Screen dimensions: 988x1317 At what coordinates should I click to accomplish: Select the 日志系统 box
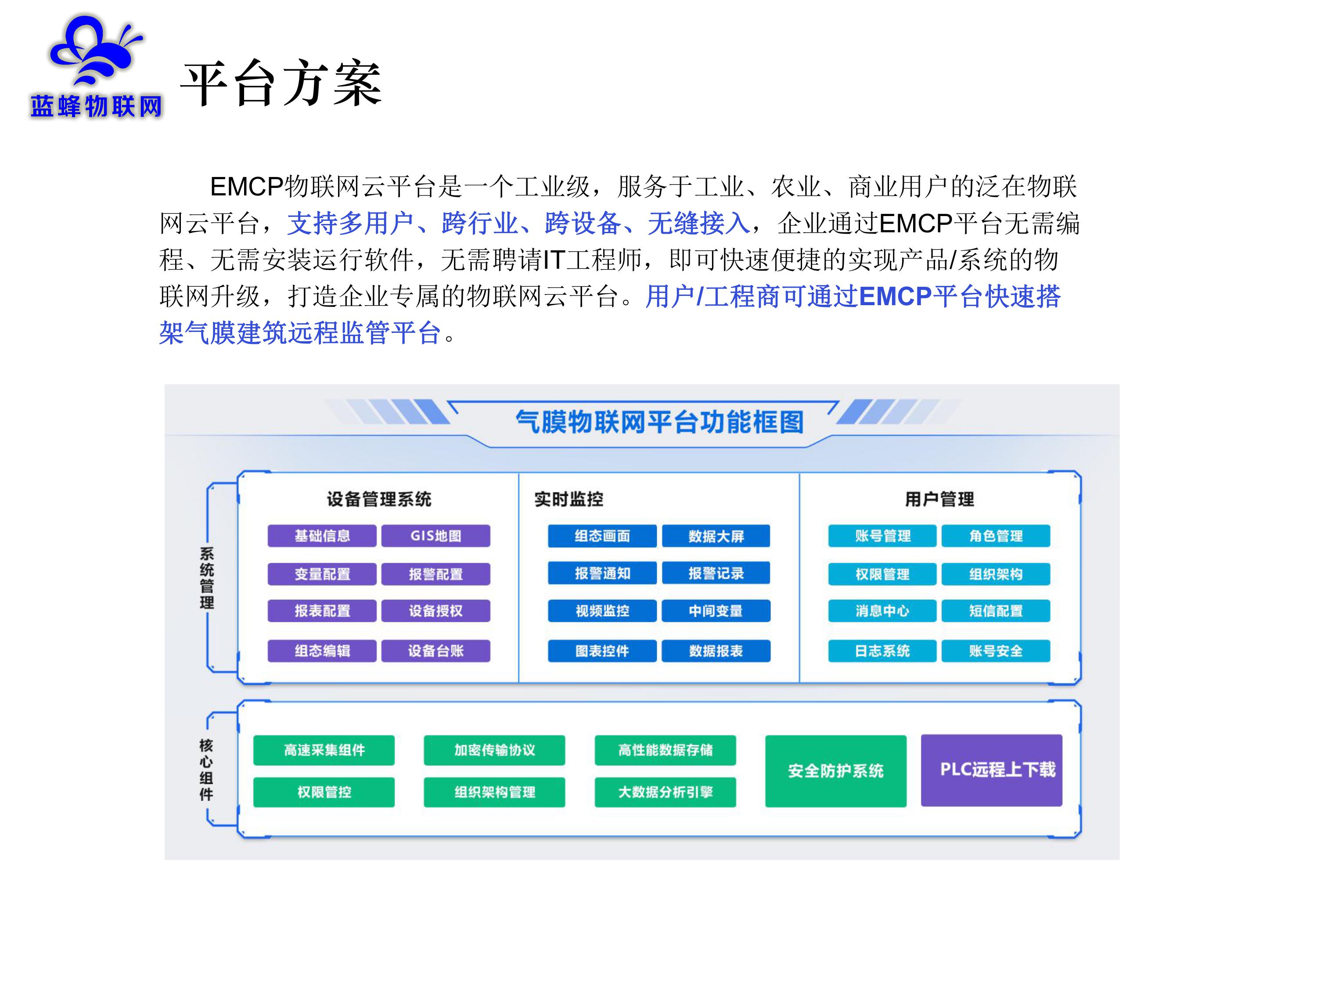point(882,650)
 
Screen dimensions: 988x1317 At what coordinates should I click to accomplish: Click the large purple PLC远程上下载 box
point(991,770)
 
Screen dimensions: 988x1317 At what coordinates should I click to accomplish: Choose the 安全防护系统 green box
point(835,771)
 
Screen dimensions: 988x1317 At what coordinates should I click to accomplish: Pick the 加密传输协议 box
point(494,750)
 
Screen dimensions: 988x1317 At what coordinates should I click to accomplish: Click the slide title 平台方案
point(281,83)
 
